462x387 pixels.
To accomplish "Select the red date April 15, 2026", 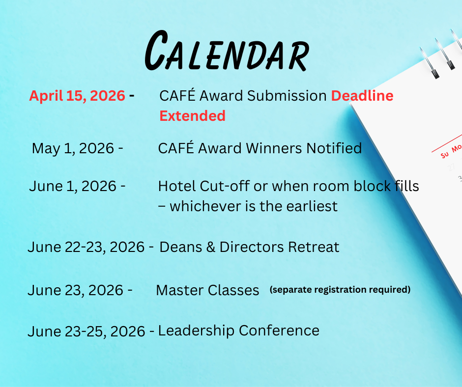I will (x=77, y=96).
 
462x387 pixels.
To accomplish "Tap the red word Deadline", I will (x=362, y=96).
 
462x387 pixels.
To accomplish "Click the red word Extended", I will (x=192, y=116).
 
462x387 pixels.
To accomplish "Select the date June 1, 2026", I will (x=73, y=187).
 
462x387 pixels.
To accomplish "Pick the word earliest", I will (x=309, y=206).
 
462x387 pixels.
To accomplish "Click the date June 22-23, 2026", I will (x=87, y=247).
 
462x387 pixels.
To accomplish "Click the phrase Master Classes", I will (x=207, y=290).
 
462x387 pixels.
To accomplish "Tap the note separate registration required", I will (x=340, y=290).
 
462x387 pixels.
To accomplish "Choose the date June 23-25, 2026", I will (x=87, y=331).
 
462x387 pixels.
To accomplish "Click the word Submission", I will (x=287, y=96).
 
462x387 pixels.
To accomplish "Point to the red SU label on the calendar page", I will (x=445, y=154).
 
